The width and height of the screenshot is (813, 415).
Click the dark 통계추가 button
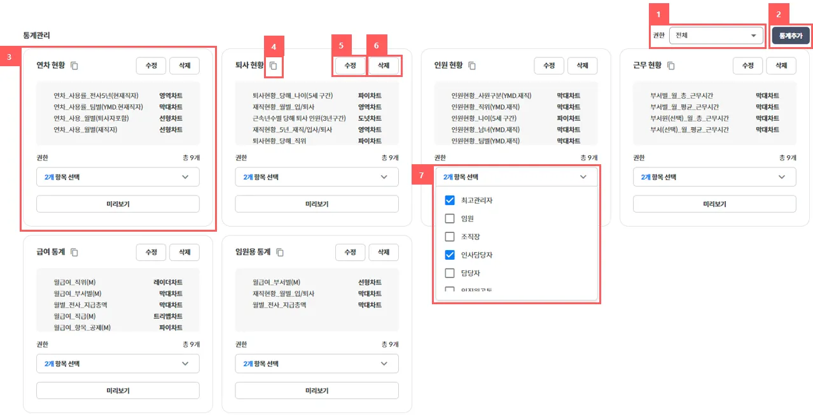[791, 36]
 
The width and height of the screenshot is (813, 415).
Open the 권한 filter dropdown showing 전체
[716, 36]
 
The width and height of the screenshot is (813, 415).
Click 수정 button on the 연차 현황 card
[151, 66]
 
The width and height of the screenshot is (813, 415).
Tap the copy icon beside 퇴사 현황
[274, 66]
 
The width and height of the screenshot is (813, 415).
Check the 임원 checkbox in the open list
[450, 218]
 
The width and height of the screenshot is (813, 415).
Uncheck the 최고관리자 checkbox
[450, 200]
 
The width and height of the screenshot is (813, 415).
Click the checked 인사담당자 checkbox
[450, 255]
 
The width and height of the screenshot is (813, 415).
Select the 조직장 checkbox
[450, 236]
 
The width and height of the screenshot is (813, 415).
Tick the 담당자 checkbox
[450, 272]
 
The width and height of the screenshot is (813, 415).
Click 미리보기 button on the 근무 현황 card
[714, 204]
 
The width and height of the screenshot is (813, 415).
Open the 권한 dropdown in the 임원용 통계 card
[317, 363]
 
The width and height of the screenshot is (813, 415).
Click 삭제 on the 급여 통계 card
[184, 252]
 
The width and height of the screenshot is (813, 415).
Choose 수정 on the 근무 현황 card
[747, 66]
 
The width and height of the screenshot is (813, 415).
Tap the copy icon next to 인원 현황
[472, 66]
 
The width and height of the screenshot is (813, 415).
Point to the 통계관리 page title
[37, 35]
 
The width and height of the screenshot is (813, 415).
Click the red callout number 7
[421, 176]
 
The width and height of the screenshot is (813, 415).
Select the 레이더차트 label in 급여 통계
[168, 282]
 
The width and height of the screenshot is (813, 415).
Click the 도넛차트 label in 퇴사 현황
[370, 118]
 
